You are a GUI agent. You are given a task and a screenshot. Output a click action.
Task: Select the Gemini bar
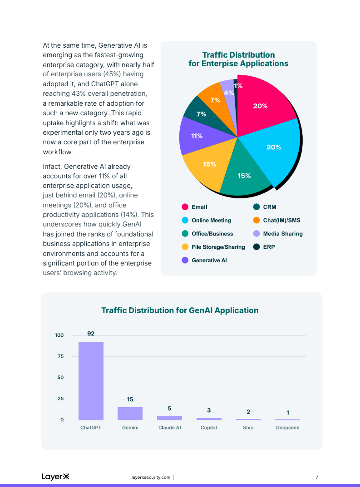click(x=130, y=413)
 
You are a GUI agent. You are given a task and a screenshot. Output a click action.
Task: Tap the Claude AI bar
click(x=169, y=418)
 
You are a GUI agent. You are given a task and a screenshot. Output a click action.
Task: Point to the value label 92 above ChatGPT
click(x=91, y=334)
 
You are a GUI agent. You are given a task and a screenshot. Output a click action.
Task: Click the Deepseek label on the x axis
click(x=287, y=428)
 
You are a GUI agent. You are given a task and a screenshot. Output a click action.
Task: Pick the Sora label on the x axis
click(x=248, y=428)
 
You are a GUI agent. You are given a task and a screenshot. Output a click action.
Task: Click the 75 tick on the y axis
click(x=60, y=357)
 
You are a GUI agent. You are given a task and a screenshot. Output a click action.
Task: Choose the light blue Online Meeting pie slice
click(x=272, y=150)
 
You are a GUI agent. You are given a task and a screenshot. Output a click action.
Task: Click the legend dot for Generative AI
click(x=185, y=261)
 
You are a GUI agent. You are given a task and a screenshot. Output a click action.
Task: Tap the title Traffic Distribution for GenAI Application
click(x=180, y=310)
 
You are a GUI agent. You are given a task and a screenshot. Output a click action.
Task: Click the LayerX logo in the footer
click(x=55, y=477)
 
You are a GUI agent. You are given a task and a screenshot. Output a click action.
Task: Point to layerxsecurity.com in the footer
click(x=151, y=477)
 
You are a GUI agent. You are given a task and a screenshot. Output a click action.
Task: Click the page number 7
click(x=317, y=477)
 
